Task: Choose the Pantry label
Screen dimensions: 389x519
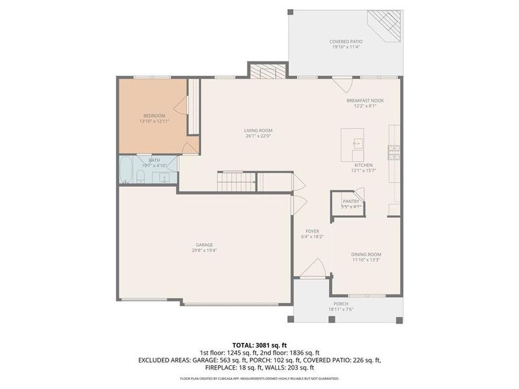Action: [350, 202]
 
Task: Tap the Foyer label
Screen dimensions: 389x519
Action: [313, 231]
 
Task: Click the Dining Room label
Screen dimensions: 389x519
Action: [366, 254]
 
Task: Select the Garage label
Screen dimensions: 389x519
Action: [204, 244]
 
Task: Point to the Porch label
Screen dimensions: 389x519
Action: [341, 303]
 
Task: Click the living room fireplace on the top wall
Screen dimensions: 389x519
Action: [267, 71]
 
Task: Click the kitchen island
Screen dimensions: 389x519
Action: [353, 145]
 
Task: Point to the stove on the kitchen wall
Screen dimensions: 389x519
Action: [393, 152]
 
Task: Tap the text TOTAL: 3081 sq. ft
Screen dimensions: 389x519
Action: [259, 344]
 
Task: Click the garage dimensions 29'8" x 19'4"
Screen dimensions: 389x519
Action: [204, 250]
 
